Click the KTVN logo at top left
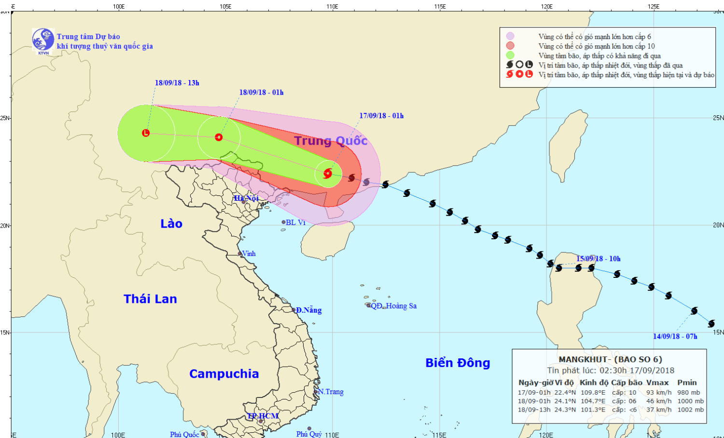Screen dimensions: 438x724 (43, 40)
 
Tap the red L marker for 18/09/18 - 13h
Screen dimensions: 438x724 (146, 133)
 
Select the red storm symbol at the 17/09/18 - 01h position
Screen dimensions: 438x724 (328, 173)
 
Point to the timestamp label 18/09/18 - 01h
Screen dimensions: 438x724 (261, 93)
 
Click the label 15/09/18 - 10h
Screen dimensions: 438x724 (599, 259)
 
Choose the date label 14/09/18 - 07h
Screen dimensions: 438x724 (675, 337)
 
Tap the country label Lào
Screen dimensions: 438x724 (171, 224)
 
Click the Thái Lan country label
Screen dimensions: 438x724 (150, 299)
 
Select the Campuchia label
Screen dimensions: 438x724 (224, 374)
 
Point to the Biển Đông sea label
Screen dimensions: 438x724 (458, 363)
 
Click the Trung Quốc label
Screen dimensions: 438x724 (331, 141)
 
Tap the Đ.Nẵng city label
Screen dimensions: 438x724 (309, 310)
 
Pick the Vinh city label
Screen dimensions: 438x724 (249, 254)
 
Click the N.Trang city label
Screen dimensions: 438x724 (331, 392)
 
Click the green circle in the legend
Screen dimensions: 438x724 (510, 55)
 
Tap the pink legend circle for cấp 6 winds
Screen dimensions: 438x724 (510, 36)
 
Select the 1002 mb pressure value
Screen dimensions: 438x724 (690, 410)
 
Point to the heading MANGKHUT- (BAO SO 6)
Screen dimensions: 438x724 (610, 359)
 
